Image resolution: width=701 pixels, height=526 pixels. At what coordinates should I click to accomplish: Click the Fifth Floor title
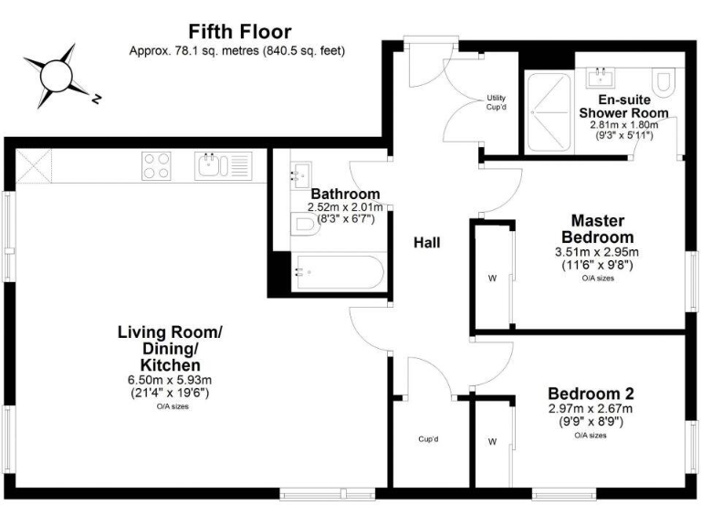[226, 31]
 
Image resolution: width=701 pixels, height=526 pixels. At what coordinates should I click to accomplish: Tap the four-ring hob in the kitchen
[155, 165]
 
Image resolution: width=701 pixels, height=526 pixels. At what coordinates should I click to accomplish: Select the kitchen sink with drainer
[220, 165]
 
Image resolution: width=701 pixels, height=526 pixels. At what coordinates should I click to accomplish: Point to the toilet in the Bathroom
[304, 226]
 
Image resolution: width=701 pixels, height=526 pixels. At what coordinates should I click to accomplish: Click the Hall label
[426, 243]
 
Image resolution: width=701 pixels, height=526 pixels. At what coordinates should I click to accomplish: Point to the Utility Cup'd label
[496, 102]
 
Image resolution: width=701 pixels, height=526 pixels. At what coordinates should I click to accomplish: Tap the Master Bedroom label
[597, 228]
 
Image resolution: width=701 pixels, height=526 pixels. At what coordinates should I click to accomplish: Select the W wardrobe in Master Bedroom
[491, 279]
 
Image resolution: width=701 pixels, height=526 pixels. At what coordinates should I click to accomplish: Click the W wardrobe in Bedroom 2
[491, 442]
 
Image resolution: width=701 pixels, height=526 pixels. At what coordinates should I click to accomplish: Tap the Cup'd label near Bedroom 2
[429, 439]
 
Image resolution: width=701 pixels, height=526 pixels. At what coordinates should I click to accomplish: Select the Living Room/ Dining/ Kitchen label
[169, 348]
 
